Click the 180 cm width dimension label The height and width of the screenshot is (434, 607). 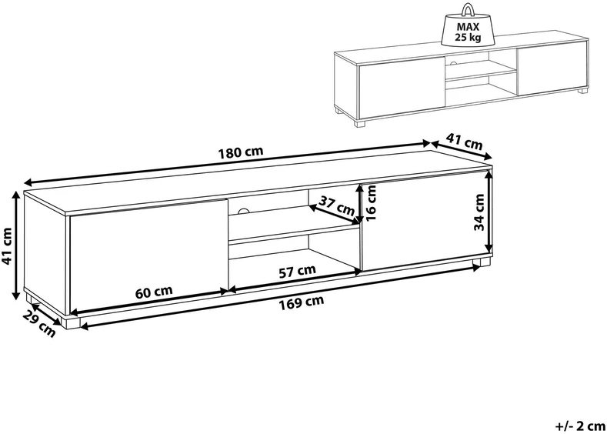pos(241,152)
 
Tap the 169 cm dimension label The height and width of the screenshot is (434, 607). pos(302,302)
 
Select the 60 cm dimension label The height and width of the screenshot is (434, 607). pos(154,291)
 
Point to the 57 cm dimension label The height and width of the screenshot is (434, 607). pos(297,270)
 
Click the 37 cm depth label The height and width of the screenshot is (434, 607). pos(336,206)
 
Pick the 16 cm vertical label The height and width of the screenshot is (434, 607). pos(371,202)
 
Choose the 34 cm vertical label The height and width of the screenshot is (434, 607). pos(479,212)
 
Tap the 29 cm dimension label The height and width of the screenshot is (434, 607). pos(38,324)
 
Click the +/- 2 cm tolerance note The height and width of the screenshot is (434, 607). pos(580,426)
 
